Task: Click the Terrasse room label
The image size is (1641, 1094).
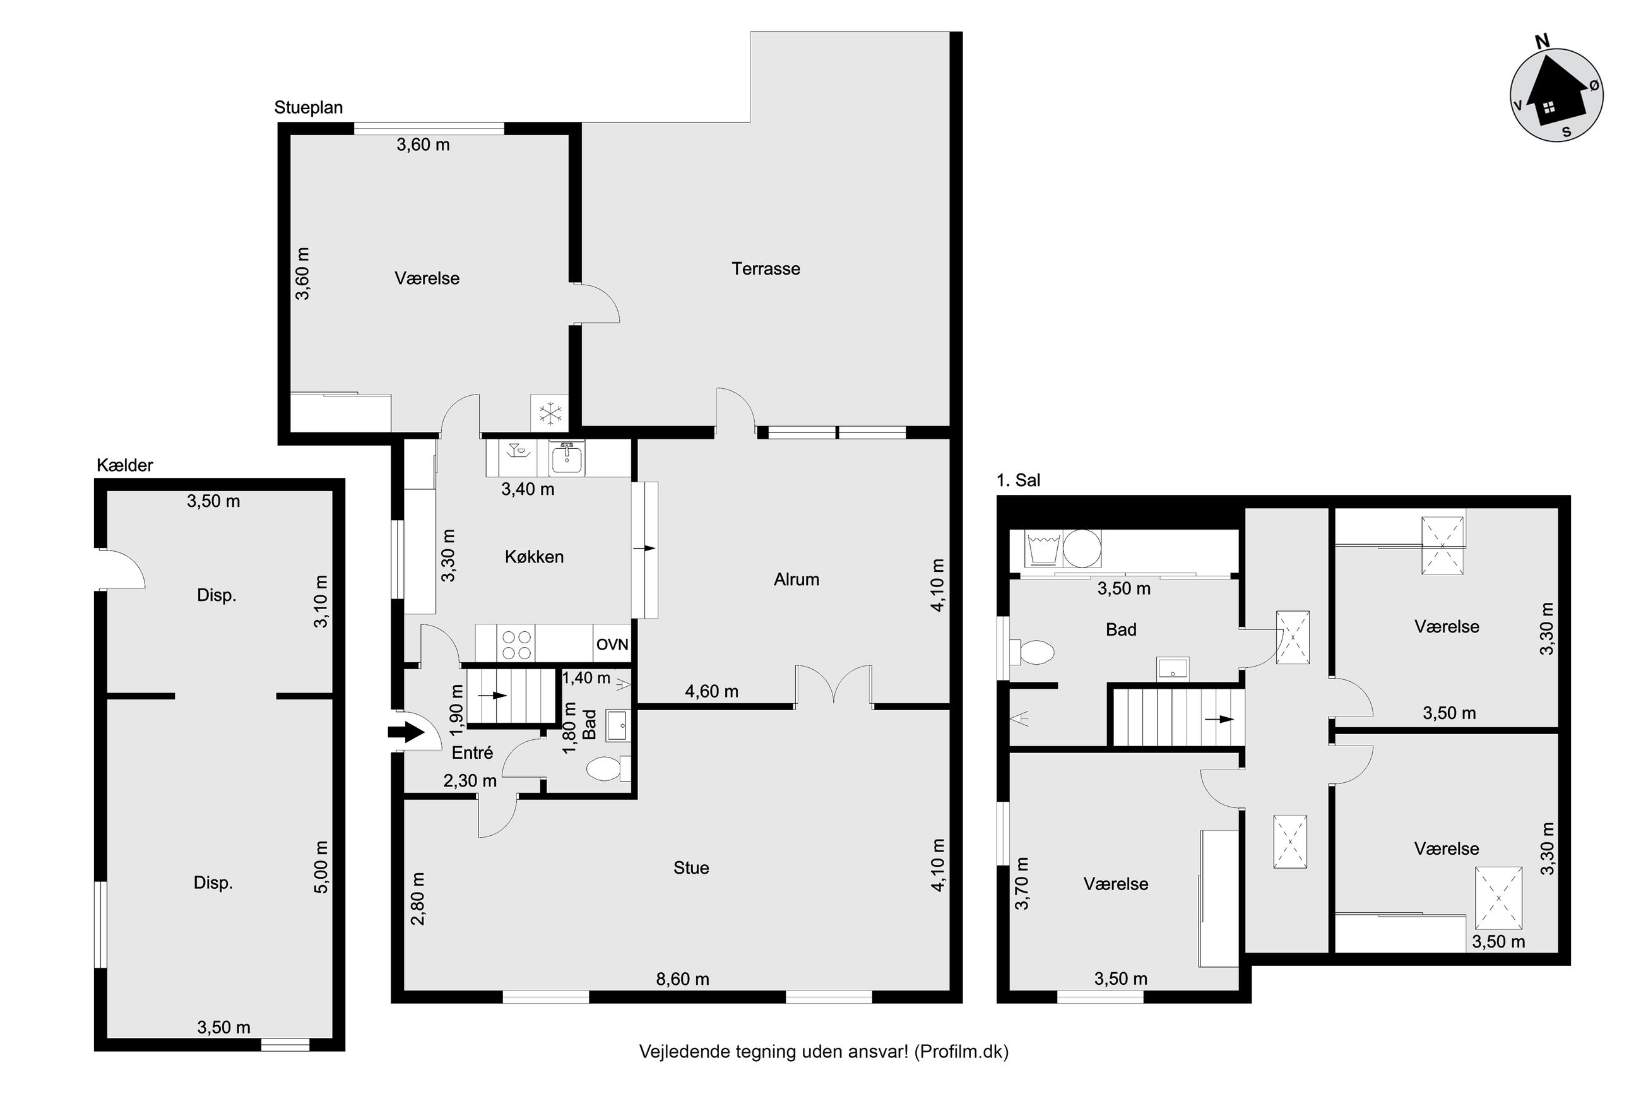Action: [765, 269]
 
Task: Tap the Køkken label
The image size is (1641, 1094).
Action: [533, 557]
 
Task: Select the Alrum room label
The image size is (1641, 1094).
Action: [796, 579]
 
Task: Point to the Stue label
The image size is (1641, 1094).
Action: [690, 868]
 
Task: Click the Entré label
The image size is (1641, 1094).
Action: [472, 753]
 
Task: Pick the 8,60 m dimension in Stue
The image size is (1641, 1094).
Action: [682, 980]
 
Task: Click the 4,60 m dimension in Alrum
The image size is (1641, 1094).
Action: [711, 691]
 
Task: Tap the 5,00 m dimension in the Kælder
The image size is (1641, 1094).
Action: [321, 867]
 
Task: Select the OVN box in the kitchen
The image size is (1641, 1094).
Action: [612, 644]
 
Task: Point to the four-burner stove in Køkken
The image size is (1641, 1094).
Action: [516, 644]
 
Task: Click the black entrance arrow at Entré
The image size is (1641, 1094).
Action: [405, 732]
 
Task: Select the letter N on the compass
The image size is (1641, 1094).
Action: [1543, 41]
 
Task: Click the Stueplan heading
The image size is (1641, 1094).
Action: [308, 108]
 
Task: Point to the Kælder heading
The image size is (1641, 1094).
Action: [125, 465]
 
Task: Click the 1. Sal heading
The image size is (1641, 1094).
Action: [1018, 481]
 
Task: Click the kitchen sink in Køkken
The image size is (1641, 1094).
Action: [566, 458]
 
